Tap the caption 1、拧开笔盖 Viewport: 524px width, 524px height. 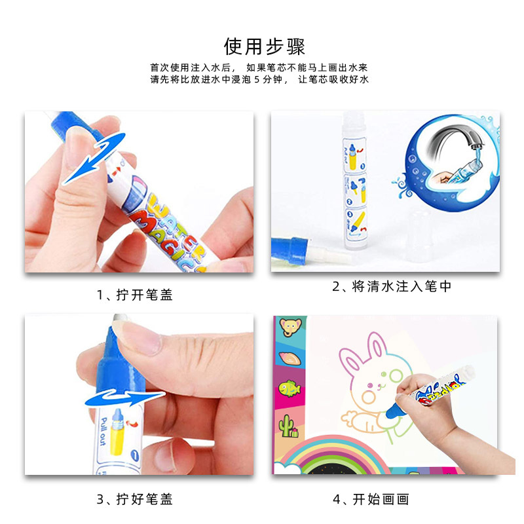[x=134, y=295]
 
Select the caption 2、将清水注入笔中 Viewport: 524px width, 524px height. [x=392, y=286]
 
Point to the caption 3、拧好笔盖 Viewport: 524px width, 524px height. [x=134, y=499]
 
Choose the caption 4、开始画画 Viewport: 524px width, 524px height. [x=370, y=499]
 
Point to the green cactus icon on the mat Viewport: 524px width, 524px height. [x=288, y=424]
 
